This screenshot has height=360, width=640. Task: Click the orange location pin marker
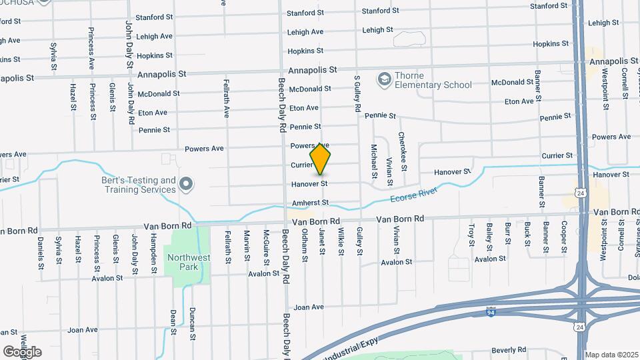[x=321, y=159]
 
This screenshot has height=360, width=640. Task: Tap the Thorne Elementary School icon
[x=384, y=80]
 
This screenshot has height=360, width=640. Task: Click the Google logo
[x=22, y=351]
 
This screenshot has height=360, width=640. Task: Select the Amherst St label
[x=310, y=203]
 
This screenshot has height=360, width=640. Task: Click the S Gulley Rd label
[x=358, y=93]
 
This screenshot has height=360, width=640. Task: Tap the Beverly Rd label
[x=509, y=349]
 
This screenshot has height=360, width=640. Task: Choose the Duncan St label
[x=192, y=321]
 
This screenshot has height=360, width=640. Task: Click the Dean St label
[x=173, y=321]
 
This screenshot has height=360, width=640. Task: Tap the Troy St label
[x=471, y=235]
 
